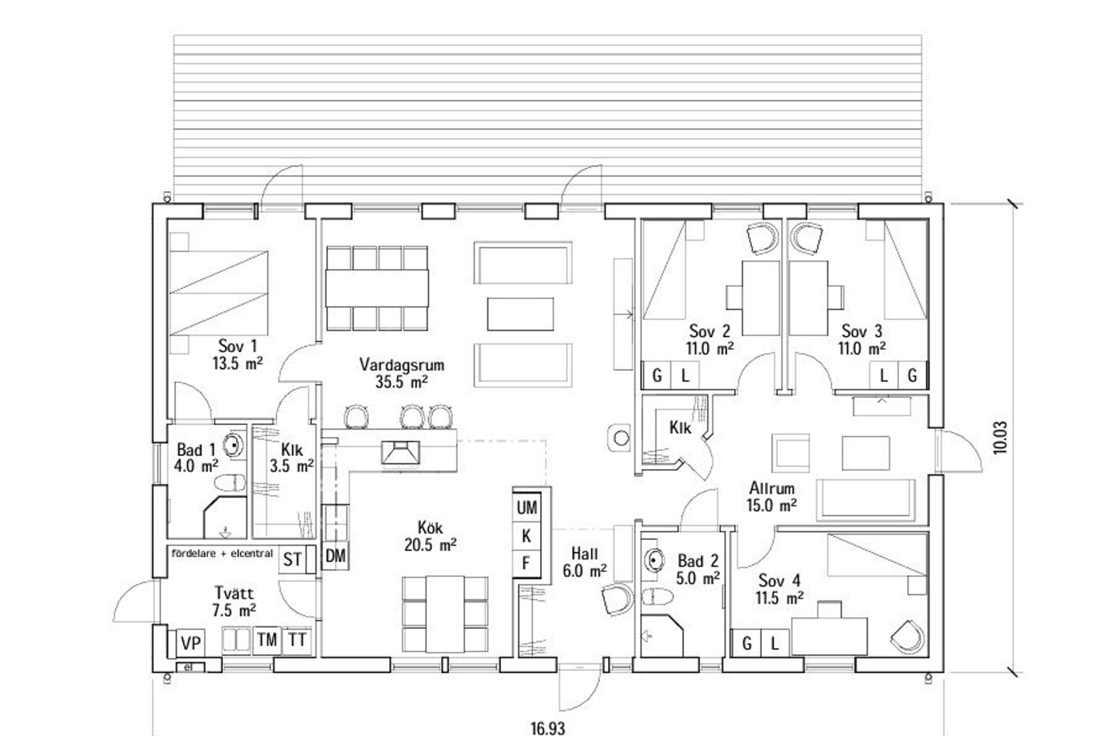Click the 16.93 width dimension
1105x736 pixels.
(548, 728)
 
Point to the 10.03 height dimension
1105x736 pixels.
(1000, 437)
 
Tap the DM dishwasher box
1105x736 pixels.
(335, 556)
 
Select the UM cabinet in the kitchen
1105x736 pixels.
(527, 507)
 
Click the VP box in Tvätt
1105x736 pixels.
(190, 643)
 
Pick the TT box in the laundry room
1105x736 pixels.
(297, 640)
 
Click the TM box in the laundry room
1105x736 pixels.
(267, 640)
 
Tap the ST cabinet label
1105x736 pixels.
(292, 560)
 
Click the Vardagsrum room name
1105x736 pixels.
(402, 364)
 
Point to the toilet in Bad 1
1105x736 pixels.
(230, 483)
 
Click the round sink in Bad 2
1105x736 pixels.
(655, 560)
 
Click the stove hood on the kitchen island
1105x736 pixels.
(400, 452)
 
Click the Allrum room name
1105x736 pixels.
(772, 488)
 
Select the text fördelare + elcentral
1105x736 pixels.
(222, 554)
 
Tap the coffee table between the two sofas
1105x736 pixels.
(520, 314)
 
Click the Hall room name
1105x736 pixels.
(585, 554)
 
